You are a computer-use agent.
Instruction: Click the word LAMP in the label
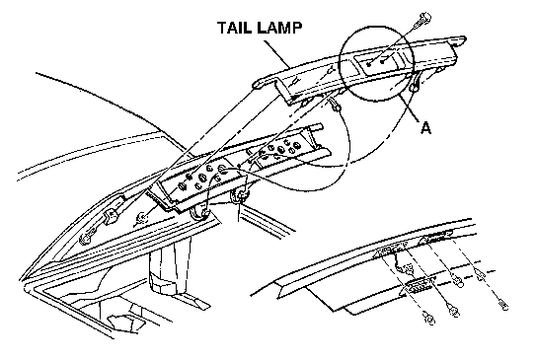[x=280, y=28]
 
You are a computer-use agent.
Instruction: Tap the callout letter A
[x=425, y=128]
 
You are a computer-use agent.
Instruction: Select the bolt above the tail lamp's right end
[x=422, y=20]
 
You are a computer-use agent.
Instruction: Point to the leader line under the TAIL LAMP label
[x=276, y=54]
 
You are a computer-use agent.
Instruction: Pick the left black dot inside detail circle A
[x=369, y=64]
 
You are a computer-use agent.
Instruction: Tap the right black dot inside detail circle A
[x=383, y=61]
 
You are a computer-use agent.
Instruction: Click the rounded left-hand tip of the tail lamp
[x=257, y=85]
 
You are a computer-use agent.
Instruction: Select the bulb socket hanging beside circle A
[x=414, y=84]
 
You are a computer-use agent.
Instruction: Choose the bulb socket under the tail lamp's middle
[x=335, y=107]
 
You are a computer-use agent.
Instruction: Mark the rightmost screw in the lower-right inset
[x=502, y=304]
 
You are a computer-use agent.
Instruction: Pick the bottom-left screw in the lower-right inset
[x=429, y=318]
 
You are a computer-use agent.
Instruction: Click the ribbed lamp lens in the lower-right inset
[x=418, y=286]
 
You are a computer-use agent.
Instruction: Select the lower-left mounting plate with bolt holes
[x=198, y=183]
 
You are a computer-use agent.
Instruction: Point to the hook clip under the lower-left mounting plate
[x=199, y=213]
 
